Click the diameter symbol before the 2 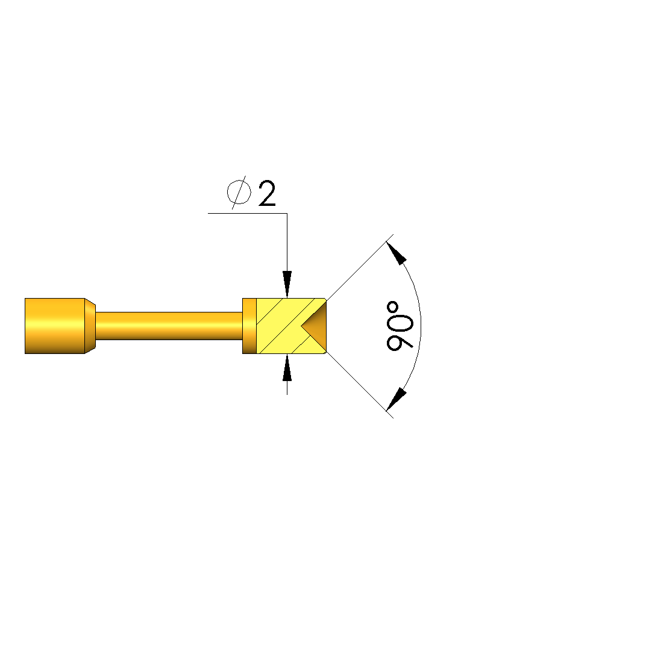pyautogui.click(x=239, y=192)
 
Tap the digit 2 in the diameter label pyautogui.click(x=267, y=193)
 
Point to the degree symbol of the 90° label pyautogui.click(x=392, y=308)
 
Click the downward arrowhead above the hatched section pyautogui.click(x=287, y=284)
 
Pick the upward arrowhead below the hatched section pyautogui.click(x=287, y=367)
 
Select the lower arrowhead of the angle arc pyautogui.click(x=396, y=399)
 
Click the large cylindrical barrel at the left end pyautogui.click(x=55, y=326)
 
